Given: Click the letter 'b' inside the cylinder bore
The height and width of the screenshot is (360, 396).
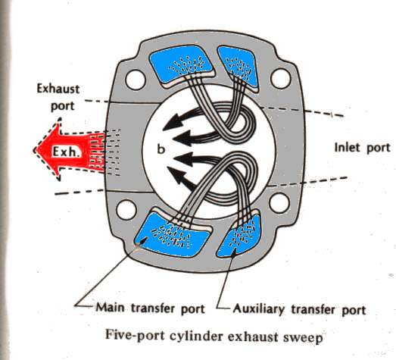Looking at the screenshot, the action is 161,149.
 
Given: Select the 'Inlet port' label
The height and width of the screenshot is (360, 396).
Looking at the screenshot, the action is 362,148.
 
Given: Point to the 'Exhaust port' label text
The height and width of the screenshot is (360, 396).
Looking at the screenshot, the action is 58,98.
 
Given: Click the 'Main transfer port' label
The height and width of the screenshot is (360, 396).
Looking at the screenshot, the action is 151,308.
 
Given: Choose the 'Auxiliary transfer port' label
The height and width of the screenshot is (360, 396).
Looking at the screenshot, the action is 300,309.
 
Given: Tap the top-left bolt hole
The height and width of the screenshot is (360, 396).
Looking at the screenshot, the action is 136,80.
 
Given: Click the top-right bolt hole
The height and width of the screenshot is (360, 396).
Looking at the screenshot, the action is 281,78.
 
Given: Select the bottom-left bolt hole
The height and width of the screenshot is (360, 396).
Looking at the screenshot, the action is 126,211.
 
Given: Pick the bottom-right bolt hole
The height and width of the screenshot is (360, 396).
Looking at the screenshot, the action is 279,203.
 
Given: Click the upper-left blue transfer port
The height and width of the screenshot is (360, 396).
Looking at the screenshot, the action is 180,64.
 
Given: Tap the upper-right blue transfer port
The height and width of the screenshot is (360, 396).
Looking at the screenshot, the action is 238,66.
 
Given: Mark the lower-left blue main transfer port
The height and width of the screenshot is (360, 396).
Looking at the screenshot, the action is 172,234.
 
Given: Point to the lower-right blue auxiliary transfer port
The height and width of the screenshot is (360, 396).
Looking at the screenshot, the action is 239,236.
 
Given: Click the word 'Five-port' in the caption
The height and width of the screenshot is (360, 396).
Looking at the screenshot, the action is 135,336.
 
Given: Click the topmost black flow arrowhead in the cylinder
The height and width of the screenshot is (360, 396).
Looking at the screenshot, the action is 172,123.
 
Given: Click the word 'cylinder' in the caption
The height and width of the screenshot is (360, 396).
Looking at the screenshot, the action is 196,337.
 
